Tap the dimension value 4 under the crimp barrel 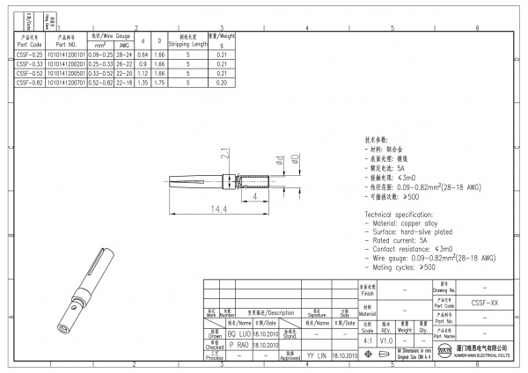tap(255, 198)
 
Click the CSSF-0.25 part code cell tap(29, 54)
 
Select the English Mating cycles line tap(404, 265)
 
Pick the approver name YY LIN tap(316, 355)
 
